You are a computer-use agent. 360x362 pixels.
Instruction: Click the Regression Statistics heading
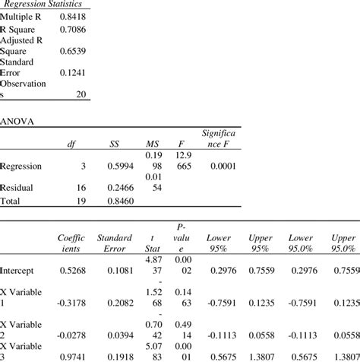pyautogui.click(x=46, y=5)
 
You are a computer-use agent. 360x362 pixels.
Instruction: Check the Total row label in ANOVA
pyautogui.click(x=11, y=201)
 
